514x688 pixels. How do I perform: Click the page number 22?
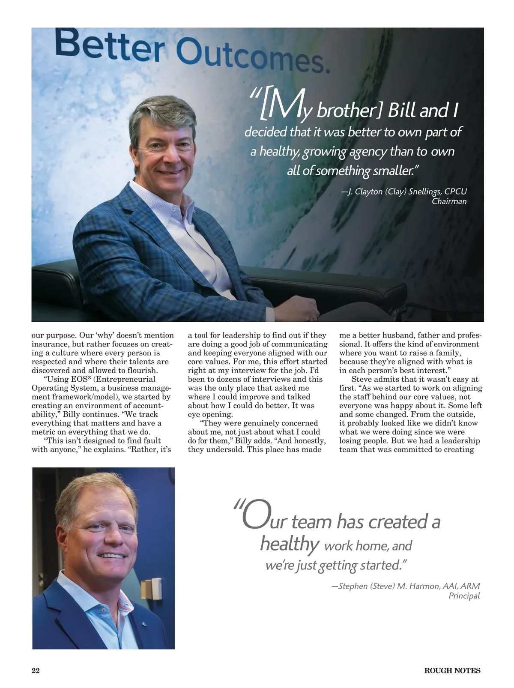point(36,671)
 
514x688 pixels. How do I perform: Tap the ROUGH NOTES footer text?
point(452,671)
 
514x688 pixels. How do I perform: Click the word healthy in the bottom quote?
point(289,544)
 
